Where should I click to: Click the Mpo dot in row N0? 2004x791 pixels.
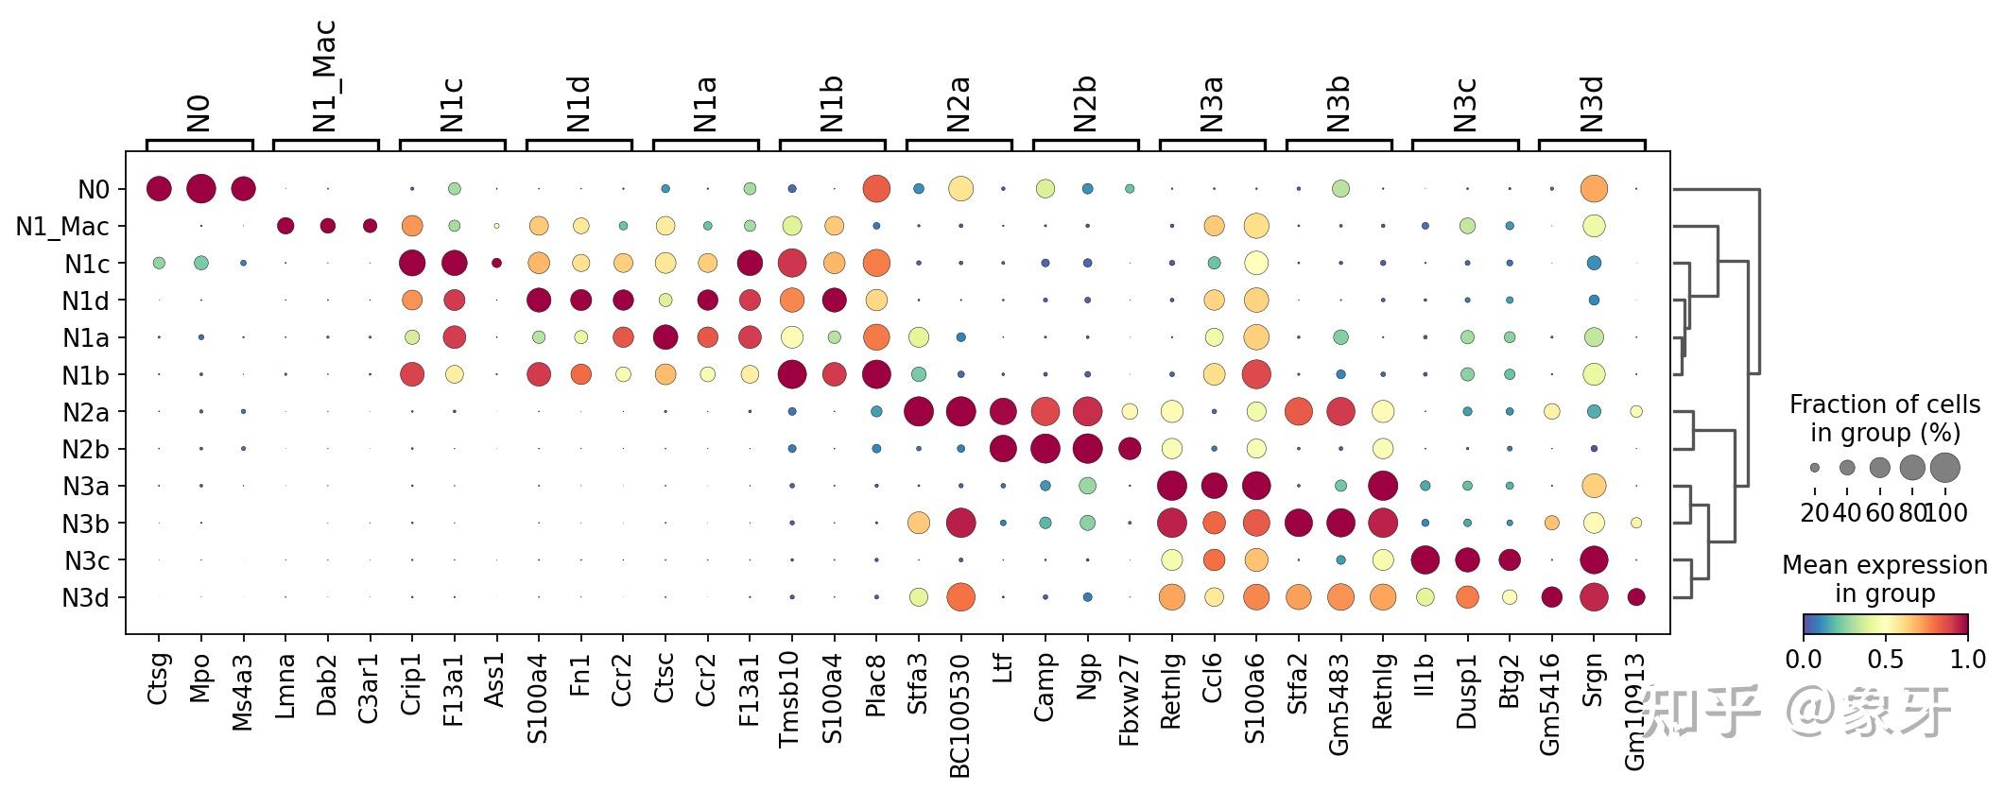(x=200, y=189)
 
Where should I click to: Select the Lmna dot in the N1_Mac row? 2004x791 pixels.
(x=285, y=226)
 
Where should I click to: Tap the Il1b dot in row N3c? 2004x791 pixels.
(x=1425, y=560)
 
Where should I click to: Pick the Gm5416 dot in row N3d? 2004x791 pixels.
(x=1551, y=597)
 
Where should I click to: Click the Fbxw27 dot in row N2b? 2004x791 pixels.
(x=1129, y=449)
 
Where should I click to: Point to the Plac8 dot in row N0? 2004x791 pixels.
(x=875, y=189)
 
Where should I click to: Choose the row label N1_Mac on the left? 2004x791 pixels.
(x=62, y=227)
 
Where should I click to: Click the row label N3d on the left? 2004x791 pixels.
(x=85, y=598)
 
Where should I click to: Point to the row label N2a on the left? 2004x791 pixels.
(x=85, y=413)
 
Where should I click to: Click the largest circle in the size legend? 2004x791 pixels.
(x=1945, y=467)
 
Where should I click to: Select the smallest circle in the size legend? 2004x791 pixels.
(x=1815, y=468)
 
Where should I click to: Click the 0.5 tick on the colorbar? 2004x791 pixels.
(x=1885, y=659)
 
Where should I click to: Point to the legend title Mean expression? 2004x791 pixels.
(x=1884, y=565)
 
